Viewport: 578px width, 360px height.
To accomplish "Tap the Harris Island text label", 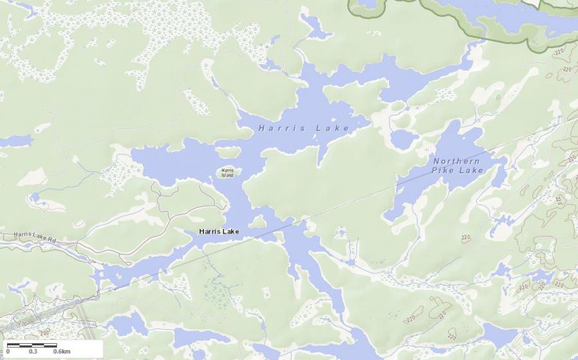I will pos(228,173).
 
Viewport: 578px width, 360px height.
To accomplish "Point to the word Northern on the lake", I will pos(457,161).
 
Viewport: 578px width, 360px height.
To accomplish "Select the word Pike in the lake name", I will pos(442,171).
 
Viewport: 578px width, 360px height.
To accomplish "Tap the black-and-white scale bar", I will pos(32,345).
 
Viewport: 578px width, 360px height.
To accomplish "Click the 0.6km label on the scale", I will pos(62,352).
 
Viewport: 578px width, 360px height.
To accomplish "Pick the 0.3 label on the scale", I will pos(33,352).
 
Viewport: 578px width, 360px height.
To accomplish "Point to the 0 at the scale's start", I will pos(8,352).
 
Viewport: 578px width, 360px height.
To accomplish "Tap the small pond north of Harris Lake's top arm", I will pos(314,26).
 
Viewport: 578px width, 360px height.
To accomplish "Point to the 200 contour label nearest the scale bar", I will pos(43,332).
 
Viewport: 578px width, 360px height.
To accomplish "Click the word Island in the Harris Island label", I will pos(227,175).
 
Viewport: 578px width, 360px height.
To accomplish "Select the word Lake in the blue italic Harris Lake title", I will pos(332,128).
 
